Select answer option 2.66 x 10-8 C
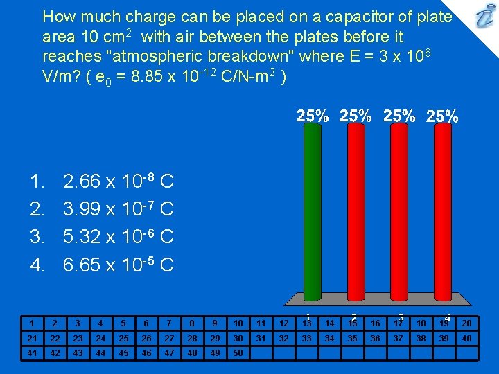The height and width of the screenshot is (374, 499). point(118,182)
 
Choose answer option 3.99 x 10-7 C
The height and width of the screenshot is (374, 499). point(118,209)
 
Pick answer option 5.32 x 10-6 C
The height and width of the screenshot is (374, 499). point(118,237)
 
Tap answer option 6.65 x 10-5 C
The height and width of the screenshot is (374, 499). point(118,265)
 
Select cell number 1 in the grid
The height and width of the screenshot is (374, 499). point(31,323)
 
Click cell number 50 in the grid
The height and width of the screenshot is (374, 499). point(238,353)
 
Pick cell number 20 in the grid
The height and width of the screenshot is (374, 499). point(466,323)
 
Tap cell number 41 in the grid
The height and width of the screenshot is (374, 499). point(31,353)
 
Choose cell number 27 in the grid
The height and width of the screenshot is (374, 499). point(169,338)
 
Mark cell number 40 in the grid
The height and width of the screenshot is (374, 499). point(466,338)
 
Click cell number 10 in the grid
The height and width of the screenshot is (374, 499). point(238,323)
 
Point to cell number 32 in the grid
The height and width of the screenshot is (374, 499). point(283,338)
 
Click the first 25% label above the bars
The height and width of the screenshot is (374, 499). point(313,116)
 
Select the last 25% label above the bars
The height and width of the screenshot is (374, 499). point(442,116)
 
